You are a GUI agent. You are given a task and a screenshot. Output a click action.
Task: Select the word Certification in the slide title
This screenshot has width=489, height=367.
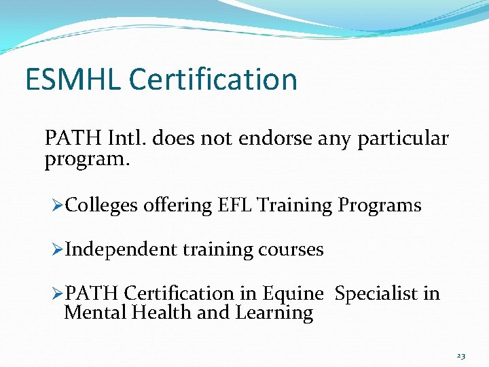pos(213,80)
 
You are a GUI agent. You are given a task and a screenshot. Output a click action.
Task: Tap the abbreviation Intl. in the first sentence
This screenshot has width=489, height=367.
pos(128,139)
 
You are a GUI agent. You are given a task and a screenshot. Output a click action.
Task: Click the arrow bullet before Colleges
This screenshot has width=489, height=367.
pos(57,205)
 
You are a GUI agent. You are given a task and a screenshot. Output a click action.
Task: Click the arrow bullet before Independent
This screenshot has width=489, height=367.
pos(57,249)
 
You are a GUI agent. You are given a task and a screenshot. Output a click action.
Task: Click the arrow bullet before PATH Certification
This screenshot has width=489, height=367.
pos(57,294)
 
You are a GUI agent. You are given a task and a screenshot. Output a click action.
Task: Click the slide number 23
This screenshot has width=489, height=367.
pos(461,355)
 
